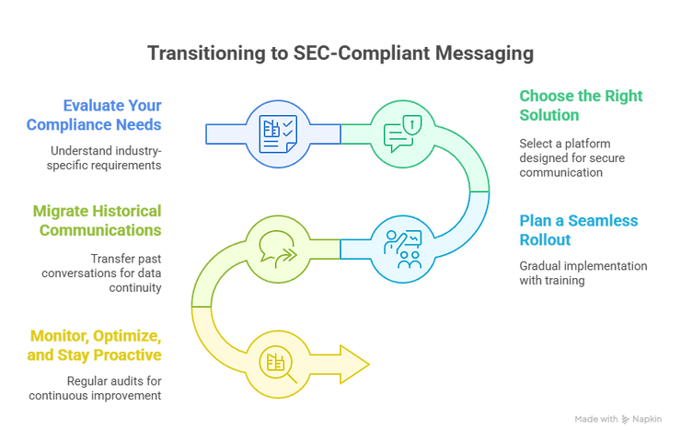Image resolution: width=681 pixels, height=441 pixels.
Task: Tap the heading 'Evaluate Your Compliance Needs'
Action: pyautogui.click(x=94, y=115)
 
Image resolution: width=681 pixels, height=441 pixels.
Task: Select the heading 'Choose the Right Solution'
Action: pyautogui.click(x=581, y=106)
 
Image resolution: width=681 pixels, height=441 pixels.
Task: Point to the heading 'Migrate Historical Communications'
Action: pyautogui.click(x=97, y=221)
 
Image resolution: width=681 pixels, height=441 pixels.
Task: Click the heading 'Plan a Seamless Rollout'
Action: pyautogui.click(x=579, y=230)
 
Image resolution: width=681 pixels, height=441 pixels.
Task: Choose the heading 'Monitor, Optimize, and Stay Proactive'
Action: pyautogui.click(x=94, y=345)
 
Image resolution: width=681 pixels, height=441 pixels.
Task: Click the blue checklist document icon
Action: pyautogui.click(x=278, y=133)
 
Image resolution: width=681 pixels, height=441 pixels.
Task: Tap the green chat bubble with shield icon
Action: pyautogui.click(x=402, y=133)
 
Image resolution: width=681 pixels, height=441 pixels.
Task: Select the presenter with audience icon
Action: pyautogui.click(x=402, y=249)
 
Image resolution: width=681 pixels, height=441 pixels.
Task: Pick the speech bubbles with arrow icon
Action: pyautogui.click(x=278, y=249)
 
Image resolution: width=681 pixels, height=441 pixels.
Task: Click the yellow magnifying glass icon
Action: pyautogui.click(x=278, y=365)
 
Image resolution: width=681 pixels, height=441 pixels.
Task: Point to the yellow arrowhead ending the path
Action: pyautogui.click(x=355, y=365)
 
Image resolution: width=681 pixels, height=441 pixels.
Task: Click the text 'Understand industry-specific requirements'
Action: pyautogui.click(x=104, y=158)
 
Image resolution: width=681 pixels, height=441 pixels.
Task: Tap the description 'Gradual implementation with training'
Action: pyautogui.click(x=583, y=273)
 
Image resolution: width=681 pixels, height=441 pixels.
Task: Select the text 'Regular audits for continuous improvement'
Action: pyautogui.click(x=95, y=389)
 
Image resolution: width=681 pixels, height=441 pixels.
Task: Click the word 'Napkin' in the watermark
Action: pyautogui.click(x=647, y=419)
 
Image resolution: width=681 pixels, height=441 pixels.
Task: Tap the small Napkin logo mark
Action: pyautogui.click(x=626, y=419)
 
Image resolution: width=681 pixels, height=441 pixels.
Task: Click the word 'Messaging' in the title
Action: pyautogui.click(x=484, y=53)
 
